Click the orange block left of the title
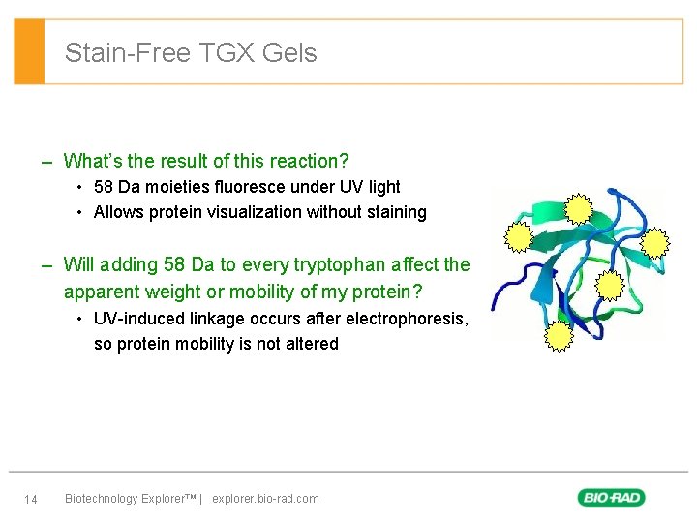point(29,51)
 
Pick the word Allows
point(118,212)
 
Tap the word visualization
point(257,212)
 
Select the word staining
point(394,212)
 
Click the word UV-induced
point(137,319)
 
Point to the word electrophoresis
point(412,319)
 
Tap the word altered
point(312,344)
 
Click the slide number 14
point(31,500)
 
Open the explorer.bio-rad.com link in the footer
point(265,499)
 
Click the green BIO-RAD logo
point(612,498)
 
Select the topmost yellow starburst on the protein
point(579,209)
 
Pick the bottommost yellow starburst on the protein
point(560,335)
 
